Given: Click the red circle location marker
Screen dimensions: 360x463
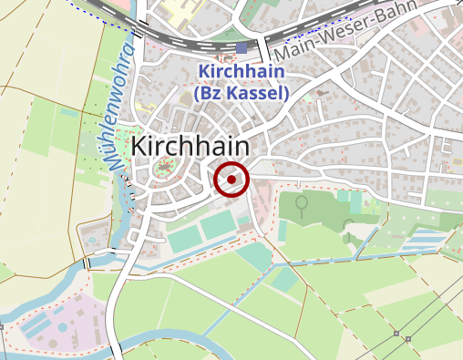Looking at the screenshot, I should click(231, 180).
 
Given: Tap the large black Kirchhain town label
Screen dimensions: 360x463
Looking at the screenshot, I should click(190, 147).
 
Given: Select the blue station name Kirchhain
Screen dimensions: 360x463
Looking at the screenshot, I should click(242, 71).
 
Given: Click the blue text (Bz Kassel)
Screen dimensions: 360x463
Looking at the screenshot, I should click(242, 92).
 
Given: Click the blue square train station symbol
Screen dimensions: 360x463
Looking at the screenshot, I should click(242, 47).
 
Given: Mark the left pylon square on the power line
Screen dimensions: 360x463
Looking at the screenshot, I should click(396, 334).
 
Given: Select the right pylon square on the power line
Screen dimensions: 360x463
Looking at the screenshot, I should click(408, 339).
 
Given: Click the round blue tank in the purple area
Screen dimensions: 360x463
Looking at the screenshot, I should click(61, 325).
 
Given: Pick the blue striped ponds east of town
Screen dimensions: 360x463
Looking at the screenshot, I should click(425, 242).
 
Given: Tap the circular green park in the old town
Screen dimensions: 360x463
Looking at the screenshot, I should click(165, 168).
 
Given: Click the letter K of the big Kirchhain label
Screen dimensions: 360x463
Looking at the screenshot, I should click(140, 147).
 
